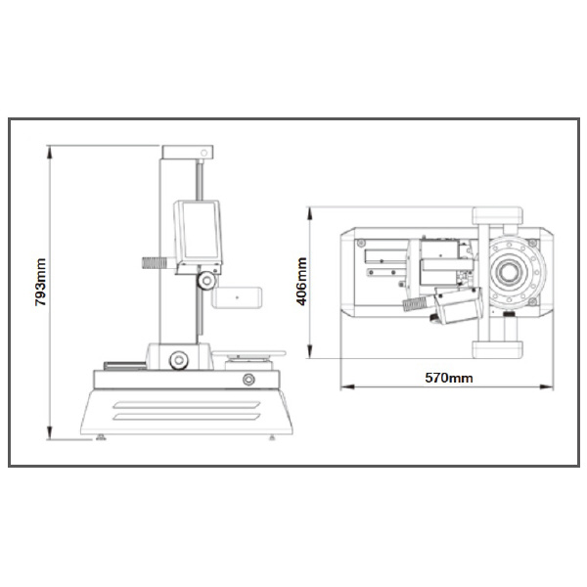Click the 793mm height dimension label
40,282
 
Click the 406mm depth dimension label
301,281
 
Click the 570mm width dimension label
448,378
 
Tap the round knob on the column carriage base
179,360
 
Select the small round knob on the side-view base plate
248,380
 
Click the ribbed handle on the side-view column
154,263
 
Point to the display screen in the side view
199,232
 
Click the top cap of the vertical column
188,152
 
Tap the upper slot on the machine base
187,405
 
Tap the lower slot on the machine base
187,417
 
